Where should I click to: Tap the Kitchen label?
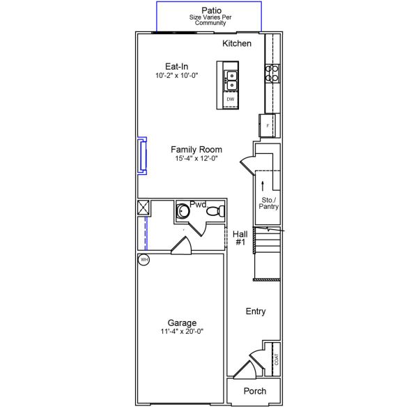tap(237, 44)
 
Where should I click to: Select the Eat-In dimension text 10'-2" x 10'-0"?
tap(177, 75)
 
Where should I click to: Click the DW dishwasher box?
tap(230, 100)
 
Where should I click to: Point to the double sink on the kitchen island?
tap(230, 80)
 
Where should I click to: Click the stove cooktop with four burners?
tap(272, 72)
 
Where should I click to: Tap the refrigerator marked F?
tap(268, 125)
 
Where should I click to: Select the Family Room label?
tap(196, 149)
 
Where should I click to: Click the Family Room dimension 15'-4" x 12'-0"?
tap(196, 159)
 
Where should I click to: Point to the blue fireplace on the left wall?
tap(142, 155)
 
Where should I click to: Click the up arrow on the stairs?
tap(263, 185)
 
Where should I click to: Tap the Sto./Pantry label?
tap(269, 203)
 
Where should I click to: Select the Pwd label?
tap(199, 205)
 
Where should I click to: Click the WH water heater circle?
tap(144, 260)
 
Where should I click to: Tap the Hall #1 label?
tap(240, 238)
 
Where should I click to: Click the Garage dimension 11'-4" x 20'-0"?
tap(181, 332)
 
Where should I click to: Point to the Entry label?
tap(256, 311)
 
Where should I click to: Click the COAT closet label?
tap(277, 359)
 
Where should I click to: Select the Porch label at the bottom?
tap(254, 391)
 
